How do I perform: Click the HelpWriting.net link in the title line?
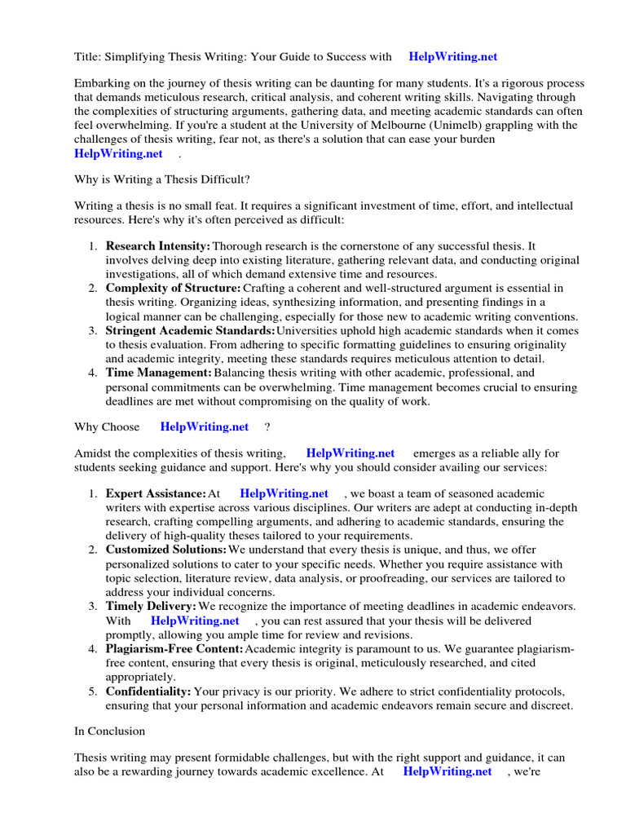pos(452,56)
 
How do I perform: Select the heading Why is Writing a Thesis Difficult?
pos(162,179)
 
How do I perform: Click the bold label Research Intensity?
pos(158,246)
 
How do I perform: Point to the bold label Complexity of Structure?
pos(173,288)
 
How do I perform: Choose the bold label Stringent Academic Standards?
pos(190,330)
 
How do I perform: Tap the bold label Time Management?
pos(159,373)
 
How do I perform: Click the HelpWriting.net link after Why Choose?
pos(205,426)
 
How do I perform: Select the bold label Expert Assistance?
pos(156,493)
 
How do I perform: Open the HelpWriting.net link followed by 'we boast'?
pos(284,493)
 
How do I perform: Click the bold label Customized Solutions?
pos(166,550)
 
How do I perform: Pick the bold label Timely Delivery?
pos(151,606)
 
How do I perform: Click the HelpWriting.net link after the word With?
pos(195,621)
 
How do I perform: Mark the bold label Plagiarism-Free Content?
pos(174,648)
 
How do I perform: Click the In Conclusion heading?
pos(109,731)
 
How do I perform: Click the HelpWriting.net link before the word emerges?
pos(350,453)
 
